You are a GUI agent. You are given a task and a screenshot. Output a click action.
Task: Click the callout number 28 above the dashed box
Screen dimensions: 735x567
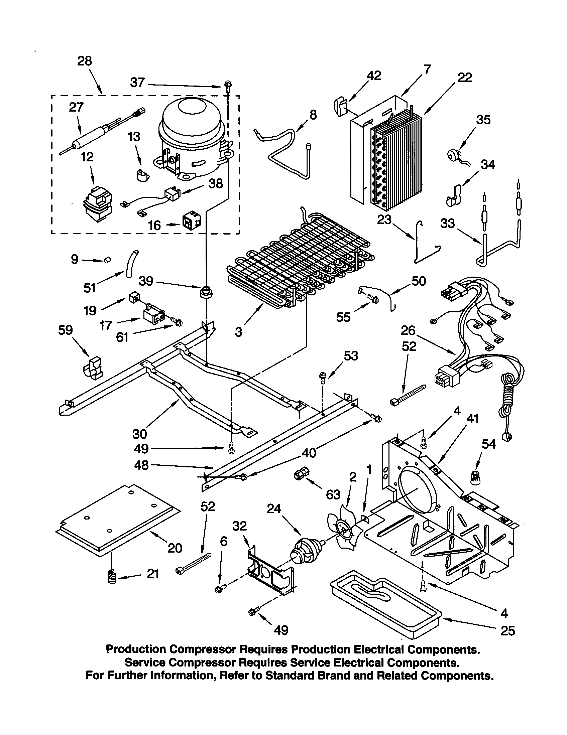click(x=84, y=61)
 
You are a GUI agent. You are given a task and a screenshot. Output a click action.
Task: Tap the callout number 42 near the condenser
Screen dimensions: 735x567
click(x=374, y=76)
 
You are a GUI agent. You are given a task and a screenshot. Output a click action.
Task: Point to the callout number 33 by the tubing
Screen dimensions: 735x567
click(x=447, y=224)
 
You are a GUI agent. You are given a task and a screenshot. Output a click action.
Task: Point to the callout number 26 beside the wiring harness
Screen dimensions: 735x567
click(x=408, y=331)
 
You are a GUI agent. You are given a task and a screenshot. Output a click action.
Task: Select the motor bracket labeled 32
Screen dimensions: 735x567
click(x=269, y=572)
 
